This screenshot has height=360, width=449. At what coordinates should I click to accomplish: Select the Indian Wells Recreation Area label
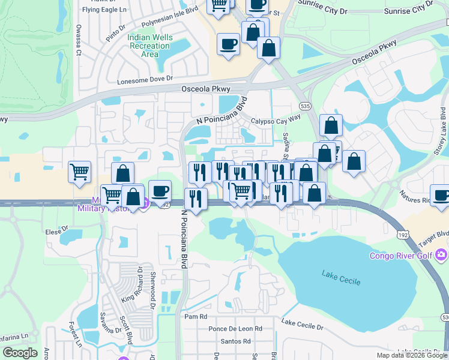[x=149, y=46]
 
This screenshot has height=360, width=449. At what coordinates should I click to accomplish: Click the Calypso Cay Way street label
[x=276, y=119]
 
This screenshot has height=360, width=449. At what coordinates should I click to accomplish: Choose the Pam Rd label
[x=196, y=316]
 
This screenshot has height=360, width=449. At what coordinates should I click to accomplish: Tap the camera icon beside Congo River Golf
[x=442, y=256]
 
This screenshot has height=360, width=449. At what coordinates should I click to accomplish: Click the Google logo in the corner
[x=20, y=353]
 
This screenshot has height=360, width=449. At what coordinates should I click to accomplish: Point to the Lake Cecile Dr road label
[x=303, y=327]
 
